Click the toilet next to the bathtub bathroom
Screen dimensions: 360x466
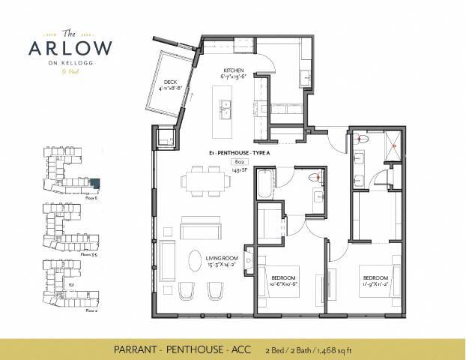coord(318,178)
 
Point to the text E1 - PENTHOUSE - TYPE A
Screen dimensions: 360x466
coord(243,152)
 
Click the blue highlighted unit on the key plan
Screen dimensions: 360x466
coord(94,182)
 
